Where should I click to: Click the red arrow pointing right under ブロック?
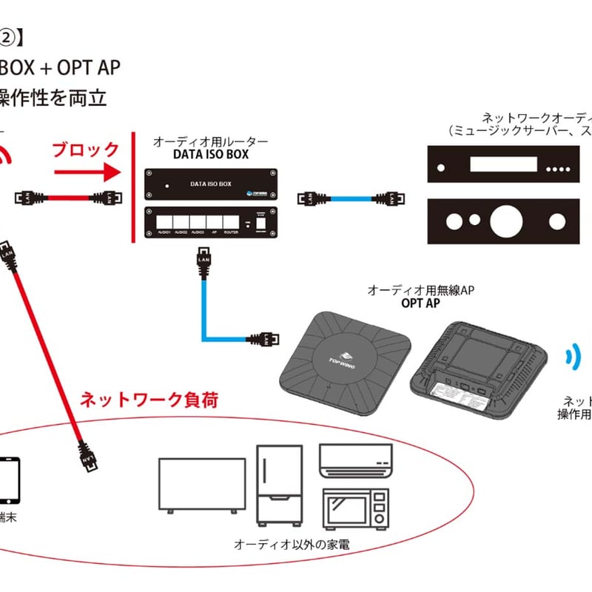click(86, 172)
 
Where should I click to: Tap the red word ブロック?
click(85, 149)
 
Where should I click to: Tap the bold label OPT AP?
click(419, 303)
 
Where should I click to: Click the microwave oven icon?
click(355, 508)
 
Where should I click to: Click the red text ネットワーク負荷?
click(149, 400)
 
